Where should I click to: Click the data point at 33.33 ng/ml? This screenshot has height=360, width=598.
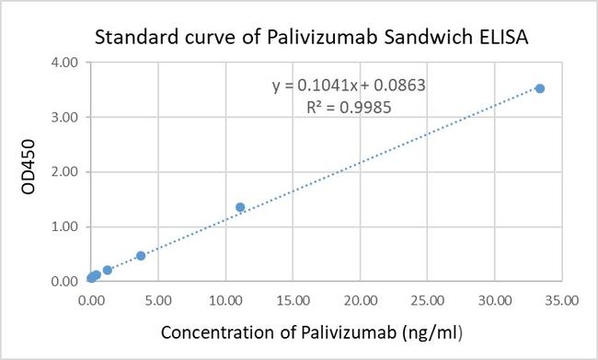(540, 88)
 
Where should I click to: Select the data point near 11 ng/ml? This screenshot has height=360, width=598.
(241, 207)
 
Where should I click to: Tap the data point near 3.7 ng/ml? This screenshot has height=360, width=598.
(141, 256)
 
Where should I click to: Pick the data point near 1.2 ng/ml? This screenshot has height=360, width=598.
(108, 270)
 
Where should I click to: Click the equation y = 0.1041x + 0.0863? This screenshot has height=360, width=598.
(347, 86)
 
